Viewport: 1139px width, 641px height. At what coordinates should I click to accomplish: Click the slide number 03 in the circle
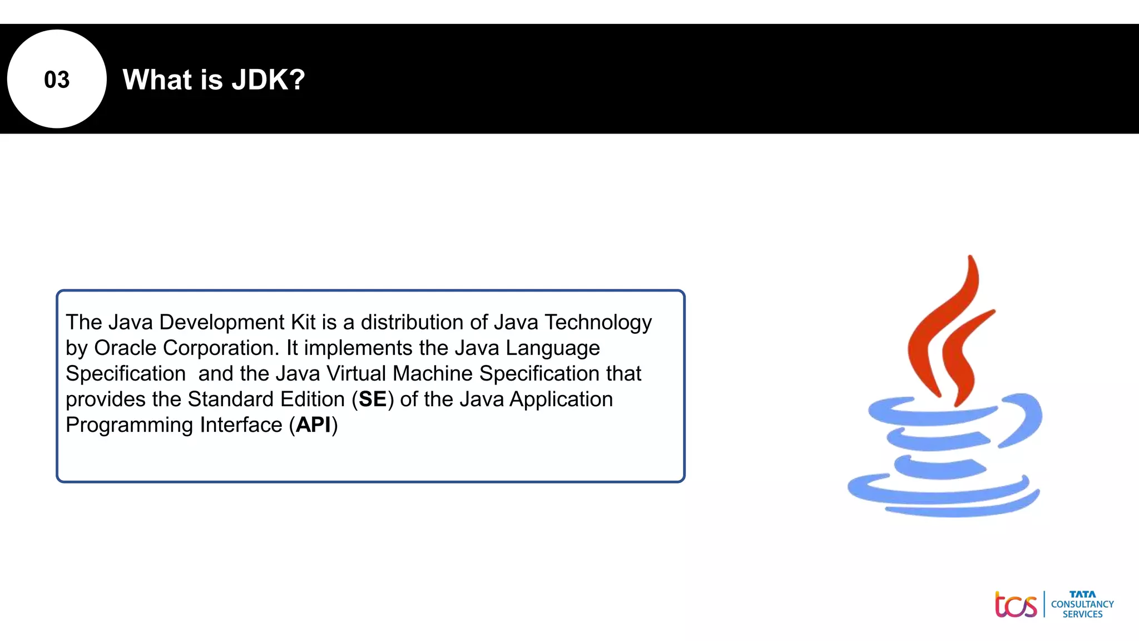(x=57, y=80)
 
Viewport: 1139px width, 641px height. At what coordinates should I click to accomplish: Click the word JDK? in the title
(x=269, y=80)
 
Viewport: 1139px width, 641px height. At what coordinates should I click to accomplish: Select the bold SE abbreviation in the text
(x=372, y=399)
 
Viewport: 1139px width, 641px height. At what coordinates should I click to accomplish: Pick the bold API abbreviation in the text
(x=313, y=425)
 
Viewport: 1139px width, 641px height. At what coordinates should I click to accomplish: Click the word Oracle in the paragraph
(x=125, y=348)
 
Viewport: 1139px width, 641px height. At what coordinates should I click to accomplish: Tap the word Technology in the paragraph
(x=598, y=322)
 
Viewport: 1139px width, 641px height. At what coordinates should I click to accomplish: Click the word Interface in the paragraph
(x=241, y=425)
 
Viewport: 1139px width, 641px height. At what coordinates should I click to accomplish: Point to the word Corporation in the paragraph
(x=221, y=348)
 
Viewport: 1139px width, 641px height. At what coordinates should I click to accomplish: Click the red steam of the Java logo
(x=945, y=334)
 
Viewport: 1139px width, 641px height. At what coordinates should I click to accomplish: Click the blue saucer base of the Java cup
(x=940, y=495)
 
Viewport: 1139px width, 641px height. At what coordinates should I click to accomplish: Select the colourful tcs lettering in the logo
(x=1016, y=605)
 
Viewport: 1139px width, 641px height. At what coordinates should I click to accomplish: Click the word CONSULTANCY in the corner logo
(x=1082, y=604)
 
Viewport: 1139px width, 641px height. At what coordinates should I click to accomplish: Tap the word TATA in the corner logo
(x=1082, y=594)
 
